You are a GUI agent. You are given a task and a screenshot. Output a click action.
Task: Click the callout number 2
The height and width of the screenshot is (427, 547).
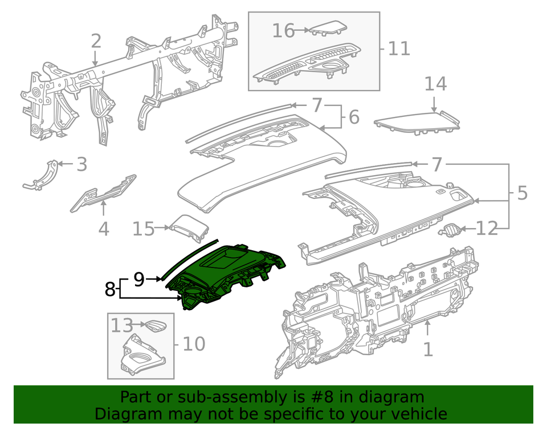(96, 41)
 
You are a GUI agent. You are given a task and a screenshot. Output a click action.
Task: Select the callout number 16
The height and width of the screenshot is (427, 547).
(283, 30)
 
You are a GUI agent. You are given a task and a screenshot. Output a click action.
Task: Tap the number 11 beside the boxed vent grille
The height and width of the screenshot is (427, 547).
(399, 48)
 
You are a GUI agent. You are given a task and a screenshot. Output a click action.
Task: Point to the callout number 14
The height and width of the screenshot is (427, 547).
(435, 84)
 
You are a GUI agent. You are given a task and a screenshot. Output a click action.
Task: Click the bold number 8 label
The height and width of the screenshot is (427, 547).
(110, 290)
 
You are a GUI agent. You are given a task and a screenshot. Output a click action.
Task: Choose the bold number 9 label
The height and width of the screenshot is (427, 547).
(138, 279)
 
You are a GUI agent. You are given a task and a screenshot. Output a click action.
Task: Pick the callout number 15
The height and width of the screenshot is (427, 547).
(144, 229)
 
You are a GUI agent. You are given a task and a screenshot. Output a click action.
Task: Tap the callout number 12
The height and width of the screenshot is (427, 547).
(487, 229)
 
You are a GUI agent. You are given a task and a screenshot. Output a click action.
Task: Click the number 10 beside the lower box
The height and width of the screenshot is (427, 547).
(193, 344)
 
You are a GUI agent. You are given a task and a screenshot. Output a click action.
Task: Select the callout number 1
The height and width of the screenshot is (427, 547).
(427, 348)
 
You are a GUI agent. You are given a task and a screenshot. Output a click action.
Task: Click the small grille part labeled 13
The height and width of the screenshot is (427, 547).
(153, 327)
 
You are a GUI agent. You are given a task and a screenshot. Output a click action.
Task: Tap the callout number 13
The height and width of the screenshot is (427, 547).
(121, 326)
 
